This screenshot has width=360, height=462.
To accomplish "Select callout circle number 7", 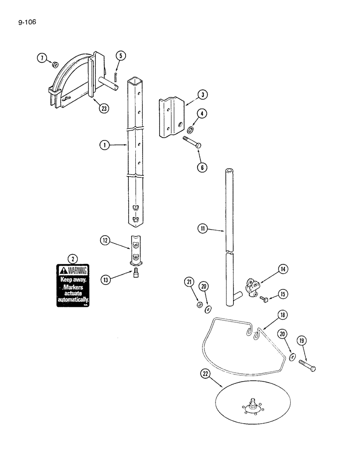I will pos(42,58).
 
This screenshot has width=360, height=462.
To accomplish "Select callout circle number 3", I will pos(202,95).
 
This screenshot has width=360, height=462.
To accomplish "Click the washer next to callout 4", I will pos(190,128).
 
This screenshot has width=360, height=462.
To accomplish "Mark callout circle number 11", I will pos(202,228).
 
